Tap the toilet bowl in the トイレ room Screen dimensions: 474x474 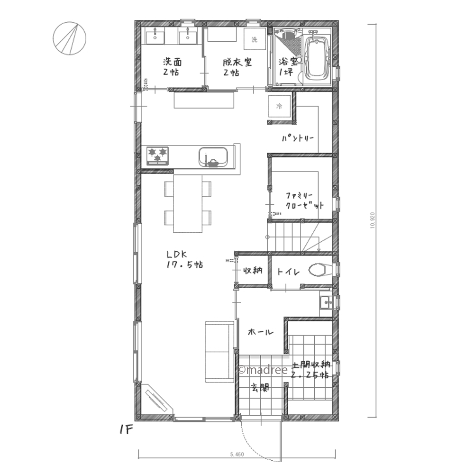click(x=318, y=270)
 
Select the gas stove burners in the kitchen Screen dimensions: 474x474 click(x=158, y=155)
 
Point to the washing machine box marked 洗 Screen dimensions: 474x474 click(x=255, y=39)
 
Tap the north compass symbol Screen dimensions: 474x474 click(x=69, y=38)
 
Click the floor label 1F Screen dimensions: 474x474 click(x=127, y=430)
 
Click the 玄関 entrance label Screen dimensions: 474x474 click(x=260, y=389)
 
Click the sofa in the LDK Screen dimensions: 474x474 click(x=219, y=351)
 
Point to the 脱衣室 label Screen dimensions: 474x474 click(x=237, y=67)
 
